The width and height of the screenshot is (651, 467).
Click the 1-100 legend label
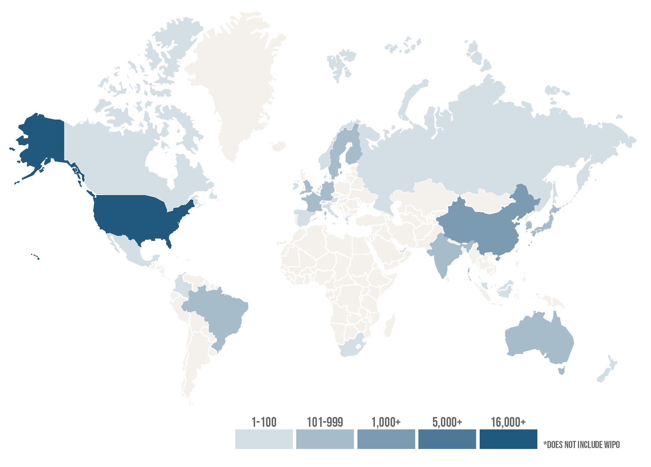[x=264, y=422]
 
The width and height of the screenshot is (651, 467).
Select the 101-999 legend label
[x=325, y=422]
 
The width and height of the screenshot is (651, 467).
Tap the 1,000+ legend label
[x=386, y=422]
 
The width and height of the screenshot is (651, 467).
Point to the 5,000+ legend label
[x=447, y=422]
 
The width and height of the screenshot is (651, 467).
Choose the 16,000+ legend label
[x=508, y=422]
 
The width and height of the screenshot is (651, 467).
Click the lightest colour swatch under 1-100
[x=264, y=439]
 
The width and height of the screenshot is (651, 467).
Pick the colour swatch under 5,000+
[x=447, y=439]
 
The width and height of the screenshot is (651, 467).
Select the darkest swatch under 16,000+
[x=508, y=439]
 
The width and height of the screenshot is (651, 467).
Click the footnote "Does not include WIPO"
[x=581, y=445]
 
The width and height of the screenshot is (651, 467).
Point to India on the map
[x=444, y=255]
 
